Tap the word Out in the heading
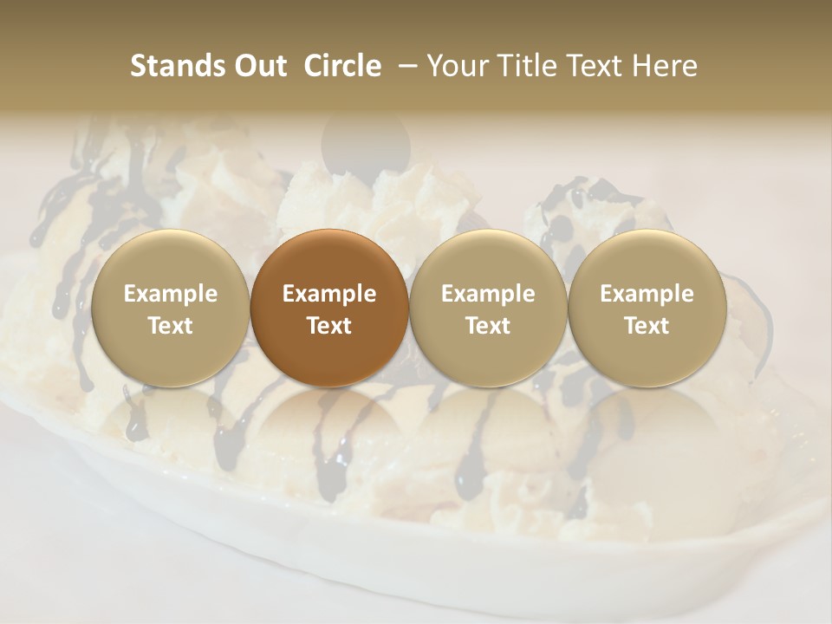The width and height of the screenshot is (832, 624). click(x=258, y=66)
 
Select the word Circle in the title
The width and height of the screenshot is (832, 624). click(x=341, y=66)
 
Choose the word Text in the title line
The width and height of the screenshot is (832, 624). click(x=595, y=66)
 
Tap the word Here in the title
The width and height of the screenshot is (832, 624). click(x=664, y=66)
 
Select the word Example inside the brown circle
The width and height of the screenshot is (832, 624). click(x=329, y=294)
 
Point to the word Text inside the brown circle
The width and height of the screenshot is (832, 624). click(x=329, y=326)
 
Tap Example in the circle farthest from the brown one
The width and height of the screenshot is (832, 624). click(x=647, y=294)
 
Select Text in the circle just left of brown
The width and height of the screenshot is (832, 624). click(x=171, y=326)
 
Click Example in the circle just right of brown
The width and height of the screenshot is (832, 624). click(x=488, y=294)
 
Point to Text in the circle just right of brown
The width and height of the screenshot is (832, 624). click(x=488, y=326)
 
